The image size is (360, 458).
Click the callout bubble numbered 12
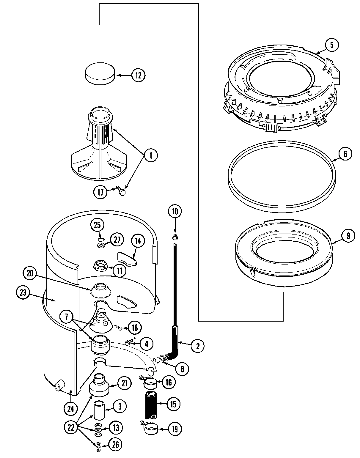point(138,75)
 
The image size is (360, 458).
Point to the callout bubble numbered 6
point(345,154)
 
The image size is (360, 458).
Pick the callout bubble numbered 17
point(101,192)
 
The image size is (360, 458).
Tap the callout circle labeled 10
point(175,212)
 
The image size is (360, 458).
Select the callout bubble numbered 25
point(97,225)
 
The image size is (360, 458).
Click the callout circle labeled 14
point(138,240)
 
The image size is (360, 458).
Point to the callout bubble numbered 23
point(23,293)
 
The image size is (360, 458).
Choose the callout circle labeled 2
point(197,345)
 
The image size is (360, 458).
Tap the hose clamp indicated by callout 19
point(151,429)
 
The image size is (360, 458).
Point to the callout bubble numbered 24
point(70,409)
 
